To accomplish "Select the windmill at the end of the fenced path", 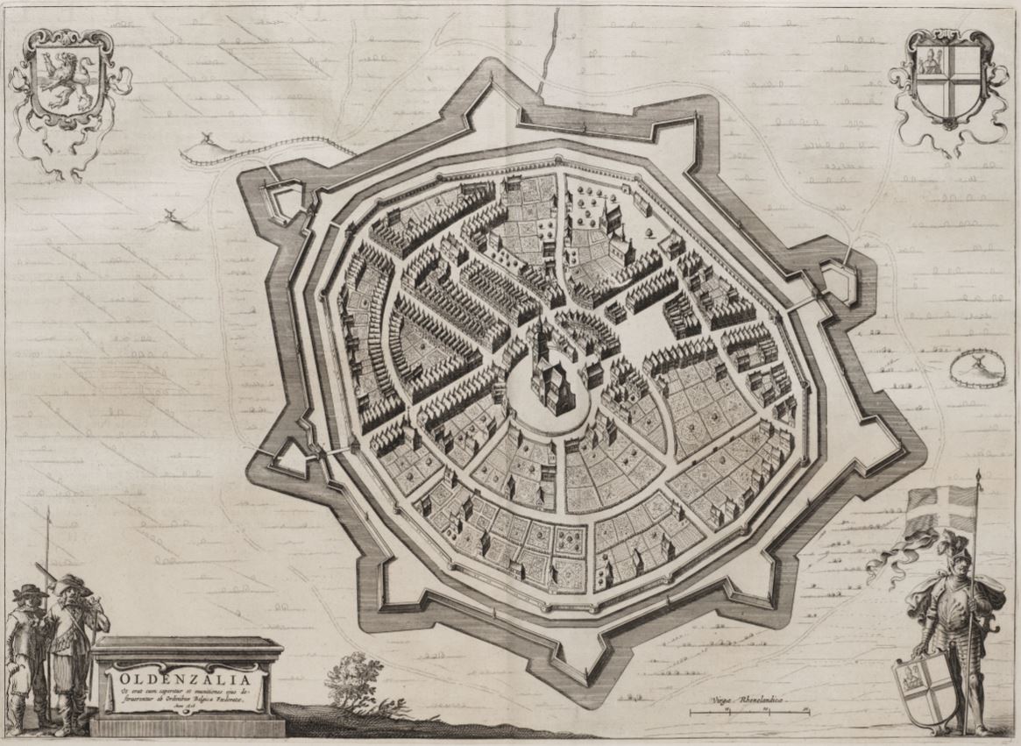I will click(x=208, y=139).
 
